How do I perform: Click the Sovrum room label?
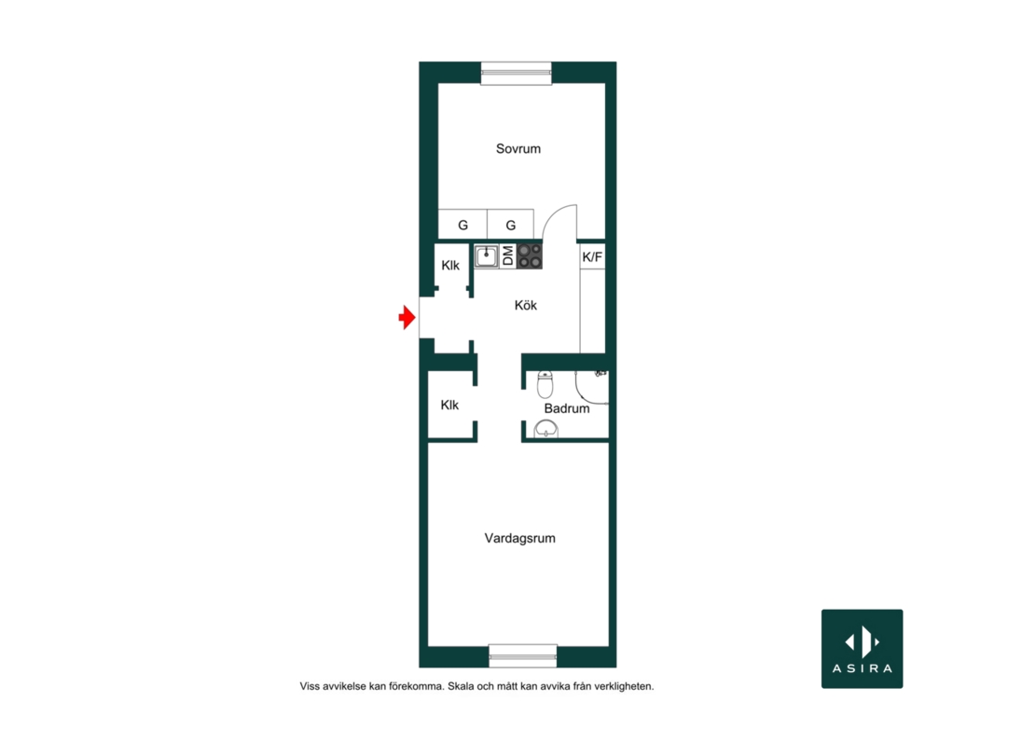(518, 149)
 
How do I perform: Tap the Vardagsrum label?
(519, 538)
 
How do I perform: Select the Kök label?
(525, 306)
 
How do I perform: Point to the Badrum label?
(566, 408)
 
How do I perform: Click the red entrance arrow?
(407, 317)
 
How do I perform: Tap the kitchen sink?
(487, 256)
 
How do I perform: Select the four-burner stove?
(530, 256)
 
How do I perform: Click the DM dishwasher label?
(507, 256)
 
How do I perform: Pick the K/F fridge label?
(592, 256)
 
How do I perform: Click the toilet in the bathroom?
(545, 385)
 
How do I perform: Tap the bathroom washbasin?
(545, 430)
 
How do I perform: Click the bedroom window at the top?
(517, 74)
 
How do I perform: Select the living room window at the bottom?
(523, 655)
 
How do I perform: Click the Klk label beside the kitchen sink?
(450, 265)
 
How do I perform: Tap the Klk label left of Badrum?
(449, 406)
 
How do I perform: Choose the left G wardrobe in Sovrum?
(462, 225)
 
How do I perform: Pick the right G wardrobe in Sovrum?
(511, 225)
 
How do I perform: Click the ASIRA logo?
(862, 649)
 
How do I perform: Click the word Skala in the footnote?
(461, 686)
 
